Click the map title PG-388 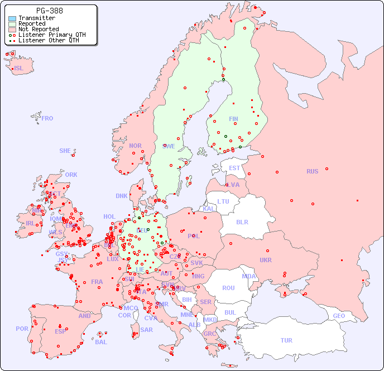tap(49, 11)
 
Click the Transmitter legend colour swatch tap(12, 18)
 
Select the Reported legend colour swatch tap(12, 24)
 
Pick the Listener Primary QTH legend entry tap(47, 35)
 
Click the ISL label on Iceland tap(19, 69)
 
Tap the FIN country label tap(233, 119)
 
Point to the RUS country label tap(312, 171)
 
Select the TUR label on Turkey tap(286, 340)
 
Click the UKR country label tap(266, 260)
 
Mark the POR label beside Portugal tap(22, 329)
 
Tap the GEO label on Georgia tap(339, 316)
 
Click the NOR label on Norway tap(135, 146)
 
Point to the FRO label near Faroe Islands tap(47, 118)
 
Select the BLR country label tap(242, 221)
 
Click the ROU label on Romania tap(228, 288)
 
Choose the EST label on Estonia tap(234, 168)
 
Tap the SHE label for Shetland tap(65, 151)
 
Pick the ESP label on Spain tap(60, 331)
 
